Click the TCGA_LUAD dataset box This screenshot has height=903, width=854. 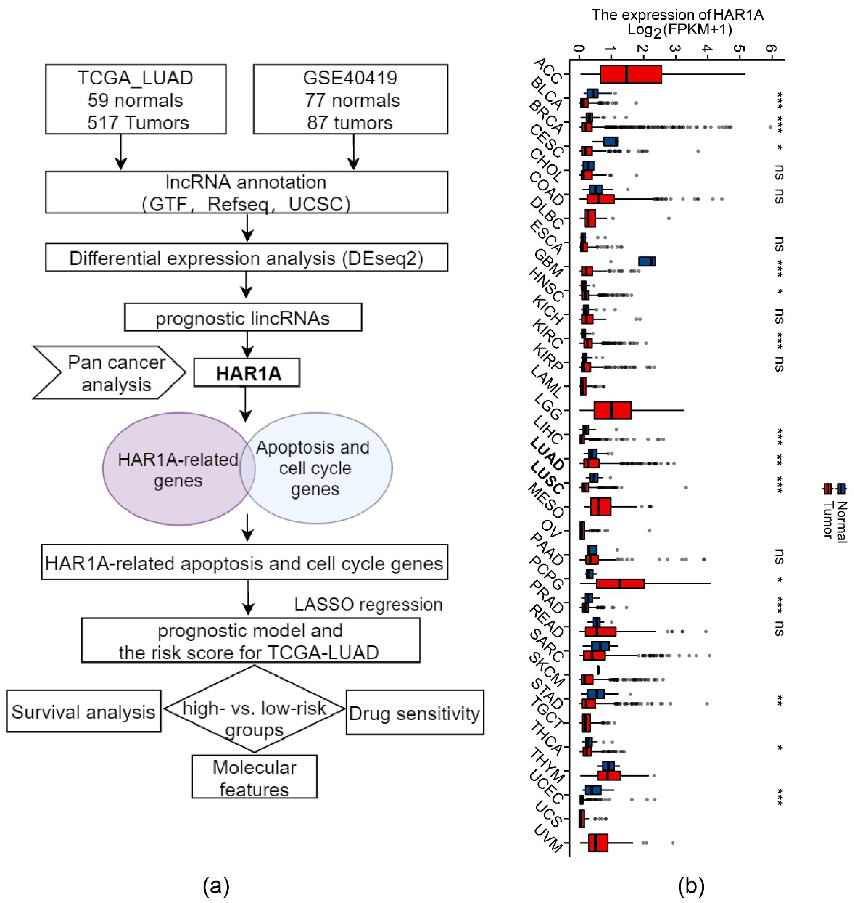136,99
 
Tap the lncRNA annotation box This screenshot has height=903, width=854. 246,192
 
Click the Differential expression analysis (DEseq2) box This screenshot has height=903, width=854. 246,258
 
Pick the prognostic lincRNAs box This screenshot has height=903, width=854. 243,318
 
